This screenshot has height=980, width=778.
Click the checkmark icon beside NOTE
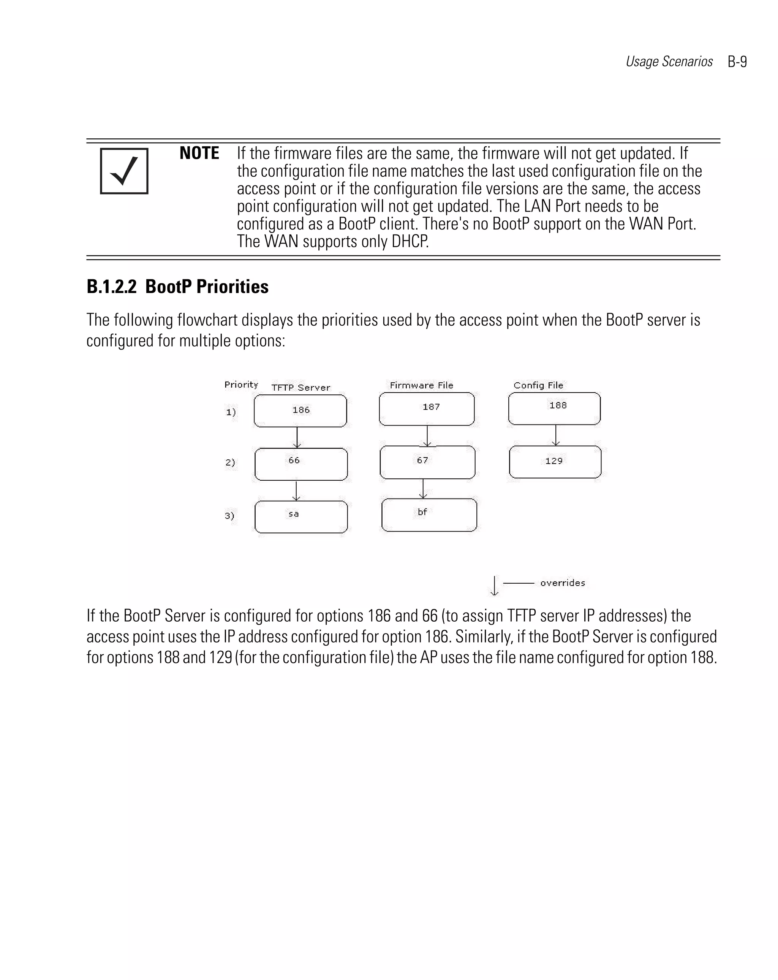[x=124, y=171]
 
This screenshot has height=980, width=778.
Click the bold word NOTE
[x=199, y=153]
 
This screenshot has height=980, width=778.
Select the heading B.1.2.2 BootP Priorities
[x=177, y=287]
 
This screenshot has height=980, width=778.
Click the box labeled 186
[x=300, y=411]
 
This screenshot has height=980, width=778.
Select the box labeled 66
[x=301, y=464]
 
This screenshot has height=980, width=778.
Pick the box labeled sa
[x=301, y=517]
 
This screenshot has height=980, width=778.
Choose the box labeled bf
[x=429, y=515]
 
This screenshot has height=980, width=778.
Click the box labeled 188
[x=554, y=408]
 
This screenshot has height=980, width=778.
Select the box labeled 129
[x=555, y=462]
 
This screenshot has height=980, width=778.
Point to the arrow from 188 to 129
[x=555, y=435]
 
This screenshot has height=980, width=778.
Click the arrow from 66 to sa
[x=296, y=491]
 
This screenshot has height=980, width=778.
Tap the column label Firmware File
[x=421, y=385]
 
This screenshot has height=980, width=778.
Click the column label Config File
[x=538, y=385]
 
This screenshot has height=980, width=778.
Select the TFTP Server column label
[x=300, y=388]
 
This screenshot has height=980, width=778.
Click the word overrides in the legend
[x=562, y=583]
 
